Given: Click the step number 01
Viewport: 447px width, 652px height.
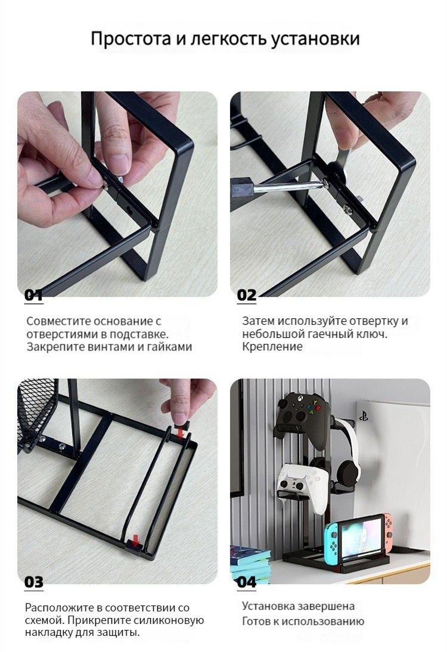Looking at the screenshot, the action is coord(33,295).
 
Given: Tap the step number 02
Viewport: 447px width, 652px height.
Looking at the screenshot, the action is coord(247,295).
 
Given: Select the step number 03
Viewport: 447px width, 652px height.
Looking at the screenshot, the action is coord(34,582).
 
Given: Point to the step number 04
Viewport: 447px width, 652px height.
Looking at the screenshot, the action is coord(247,582).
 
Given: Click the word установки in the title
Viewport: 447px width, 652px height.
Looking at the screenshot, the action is coord(315,39).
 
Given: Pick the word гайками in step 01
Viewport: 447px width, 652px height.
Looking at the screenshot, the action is coord(170,347).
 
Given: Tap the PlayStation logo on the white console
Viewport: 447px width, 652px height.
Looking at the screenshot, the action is coord(364,416).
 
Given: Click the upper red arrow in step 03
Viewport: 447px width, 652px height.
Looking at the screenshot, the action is coord(181,433).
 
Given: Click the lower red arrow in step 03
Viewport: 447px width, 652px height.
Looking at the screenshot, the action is coord(135,540).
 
